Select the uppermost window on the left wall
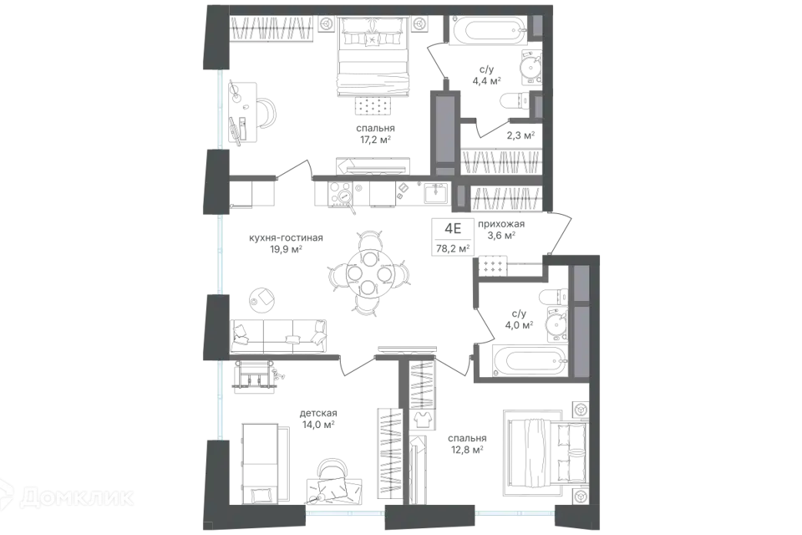221,110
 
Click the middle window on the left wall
221,255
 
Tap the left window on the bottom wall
344,513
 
